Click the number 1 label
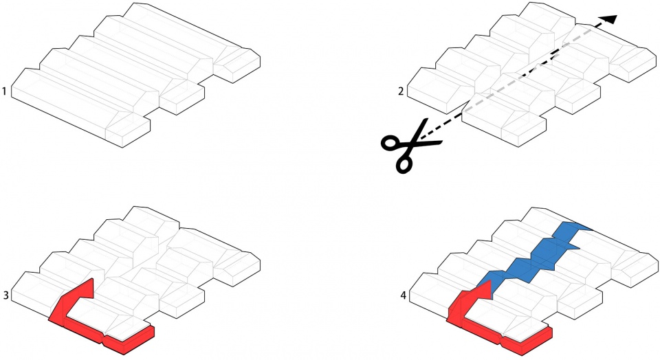pyautogui.click(x=4, y=91)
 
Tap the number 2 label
pyautogui.click(x=401, y=91)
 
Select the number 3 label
pyautogui.click(x=6, y=295)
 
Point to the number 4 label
pyautogui.click(x=404, y=295)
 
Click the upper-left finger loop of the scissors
pyautogui.click(x=391, y=143)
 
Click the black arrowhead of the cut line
pyautogui.click(x=608, y=19)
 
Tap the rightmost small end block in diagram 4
pyautogui.click(x=635, y=269)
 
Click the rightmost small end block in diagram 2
pyautogui.click(x=634, y=65)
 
